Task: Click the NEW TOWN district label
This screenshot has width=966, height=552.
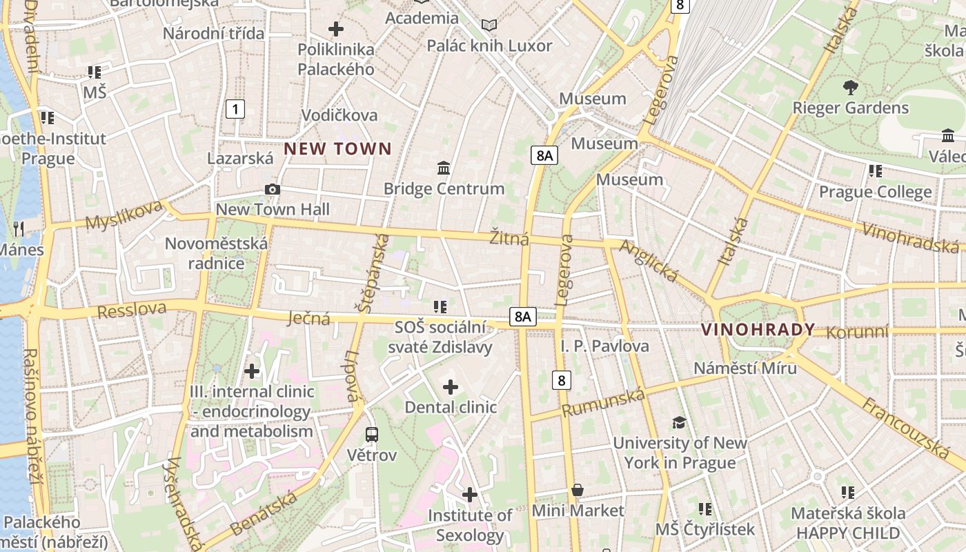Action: [337, 148]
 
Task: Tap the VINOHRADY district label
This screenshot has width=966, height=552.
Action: [758, 330]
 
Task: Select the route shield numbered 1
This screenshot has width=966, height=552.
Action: [236, 108]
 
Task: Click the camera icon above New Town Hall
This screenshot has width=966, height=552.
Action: [273, 190]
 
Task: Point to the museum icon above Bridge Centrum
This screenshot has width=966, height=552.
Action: [444, 168]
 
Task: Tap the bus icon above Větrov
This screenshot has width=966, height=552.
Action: [372, 435]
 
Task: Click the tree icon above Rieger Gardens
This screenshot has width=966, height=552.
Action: [850, 87]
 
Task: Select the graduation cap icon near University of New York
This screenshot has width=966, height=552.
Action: [680, 422]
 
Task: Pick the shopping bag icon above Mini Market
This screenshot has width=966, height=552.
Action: [578, 490]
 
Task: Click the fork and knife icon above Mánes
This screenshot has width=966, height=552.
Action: [19, 228]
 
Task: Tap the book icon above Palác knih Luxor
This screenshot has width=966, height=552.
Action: [489, 26]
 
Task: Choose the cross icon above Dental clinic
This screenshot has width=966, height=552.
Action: [451, 387]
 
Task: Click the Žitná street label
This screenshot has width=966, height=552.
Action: [509, 239]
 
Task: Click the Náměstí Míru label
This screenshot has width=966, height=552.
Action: [745, 368]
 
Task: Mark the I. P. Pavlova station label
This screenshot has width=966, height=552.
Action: [604, 346]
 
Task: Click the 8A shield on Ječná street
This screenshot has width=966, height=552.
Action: [522, 317]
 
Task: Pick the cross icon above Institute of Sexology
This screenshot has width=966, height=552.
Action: [470, 495]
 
